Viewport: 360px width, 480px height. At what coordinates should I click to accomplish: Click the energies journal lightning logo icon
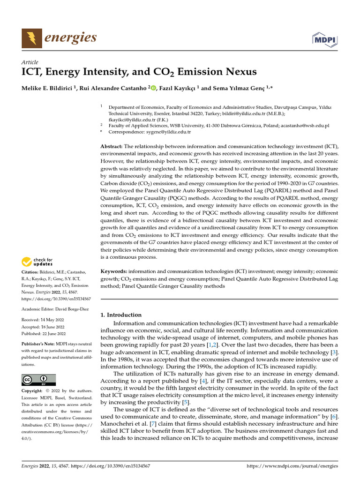coord(32,38)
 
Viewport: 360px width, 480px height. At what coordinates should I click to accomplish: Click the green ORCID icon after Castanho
coord(153,88)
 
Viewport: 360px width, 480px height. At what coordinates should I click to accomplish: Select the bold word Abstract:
coord(112,147)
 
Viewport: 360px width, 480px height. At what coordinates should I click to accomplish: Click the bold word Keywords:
coord(114,271)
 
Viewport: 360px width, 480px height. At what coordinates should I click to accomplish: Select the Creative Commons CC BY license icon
coord(38,380)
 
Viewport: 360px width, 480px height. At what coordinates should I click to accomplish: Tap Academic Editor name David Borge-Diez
coord(70,309)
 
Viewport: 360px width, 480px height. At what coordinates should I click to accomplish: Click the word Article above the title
coord(30,62)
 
